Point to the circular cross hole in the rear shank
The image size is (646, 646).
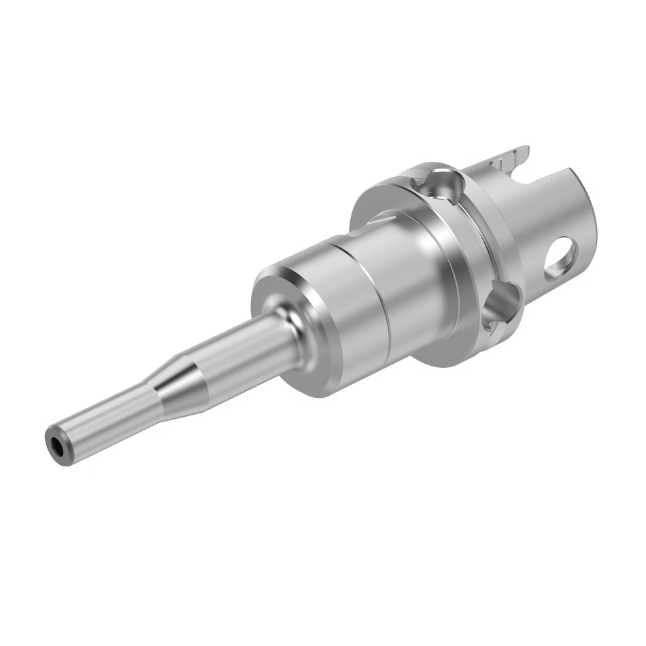tap(562, 258)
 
